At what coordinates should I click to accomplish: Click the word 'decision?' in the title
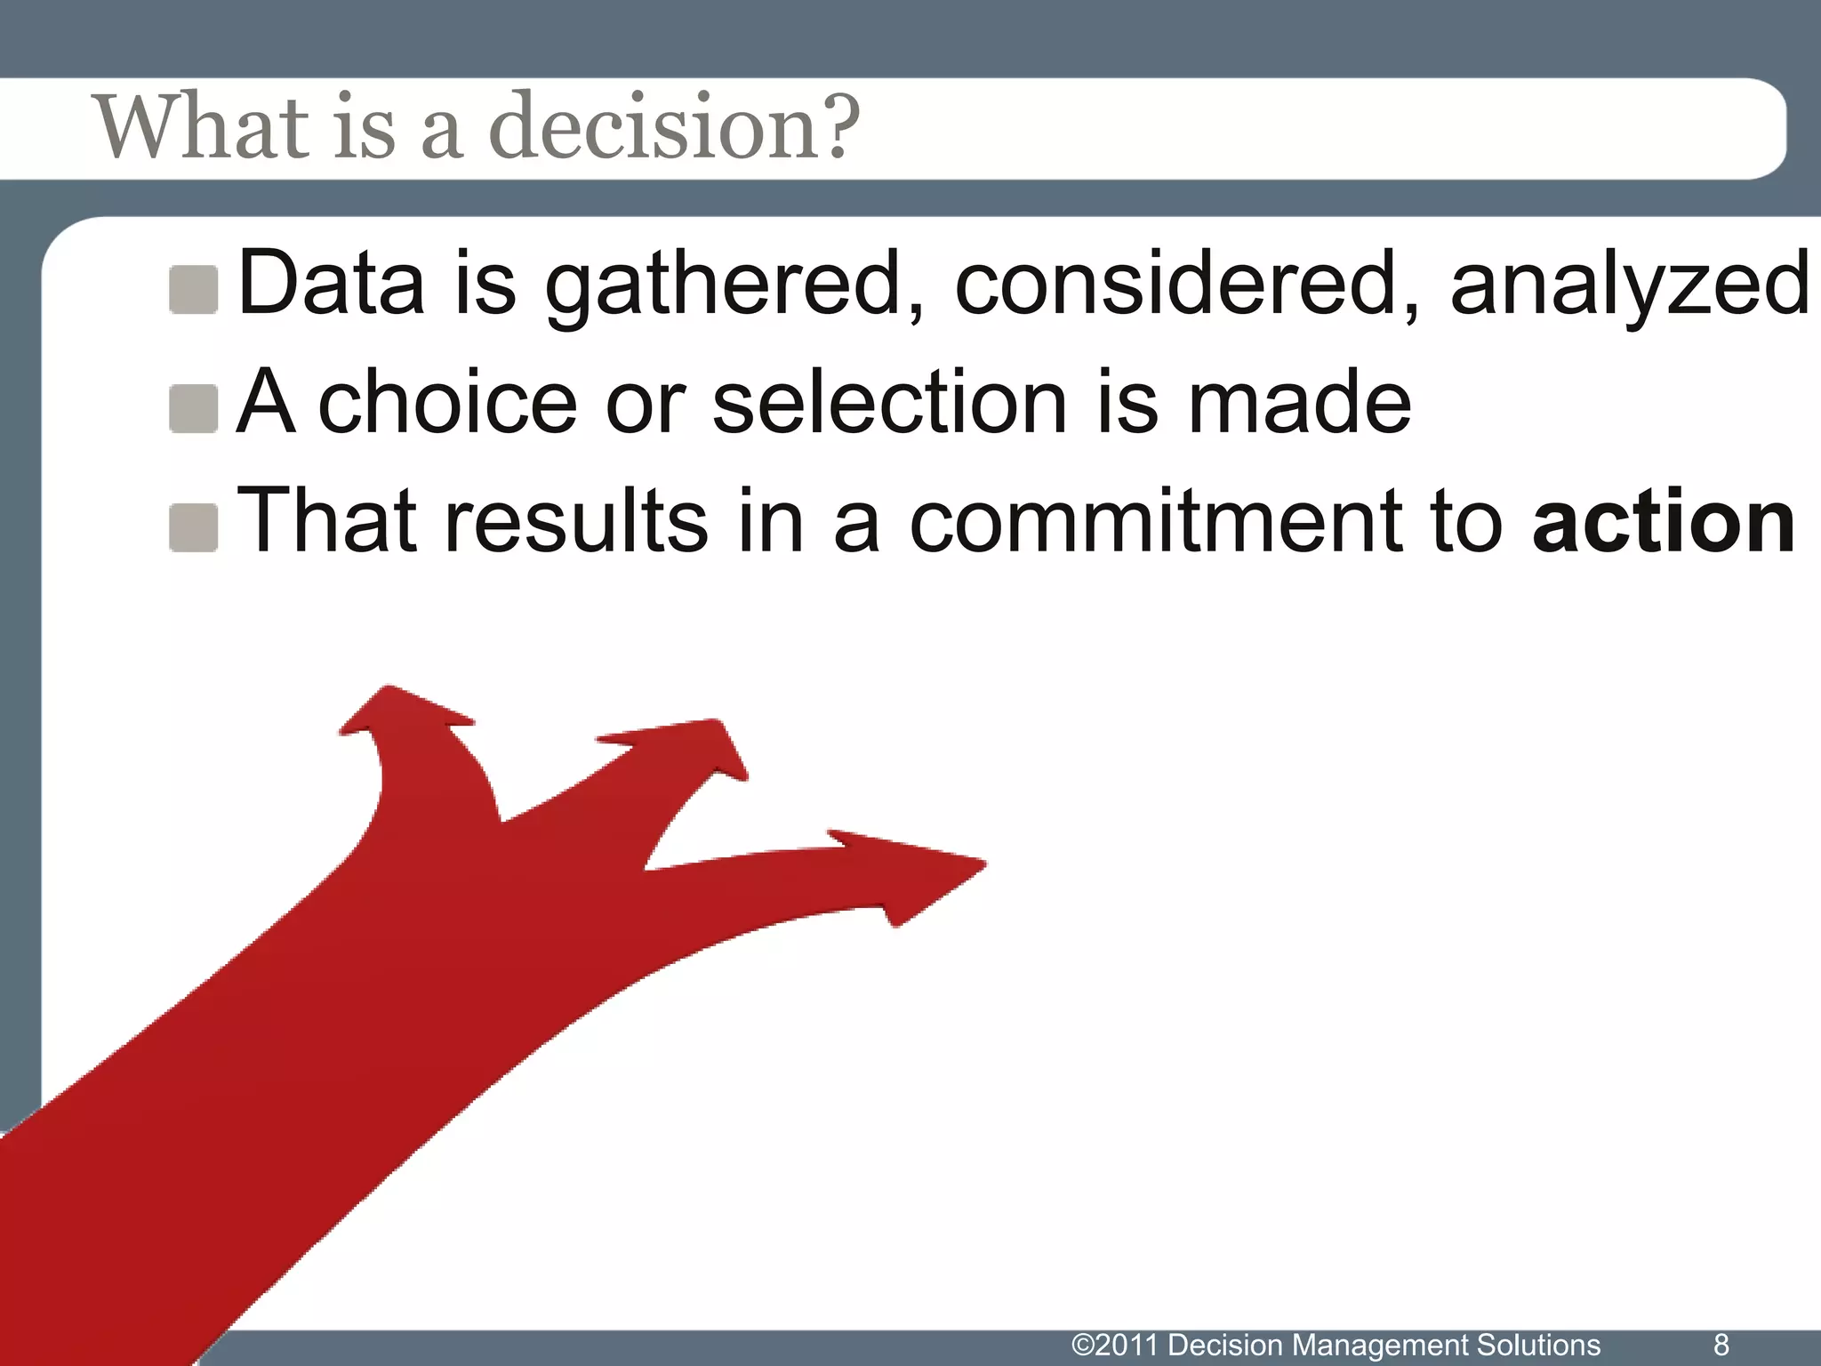point(674,127)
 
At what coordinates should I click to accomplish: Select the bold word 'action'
point(1664,521)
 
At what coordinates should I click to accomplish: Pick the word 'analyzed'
point(1629,285)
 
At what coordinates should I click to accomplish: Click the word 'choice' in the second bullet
point(447,403)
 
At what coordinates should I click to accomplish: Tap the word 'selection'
point(888,403)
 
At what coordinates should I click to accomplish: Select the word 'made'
point(1299,403)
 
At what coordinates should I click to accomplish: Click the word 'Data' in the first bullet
point(331,285)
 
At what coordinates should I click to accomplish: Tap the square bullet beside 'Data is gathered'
point(194,290)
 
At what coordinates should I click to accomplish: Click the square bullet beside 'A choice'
point(194,409)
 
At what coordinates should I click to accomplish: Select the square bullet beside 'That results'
point(194,527)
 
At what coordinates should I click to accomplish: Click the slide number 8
point(1721,1344)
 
